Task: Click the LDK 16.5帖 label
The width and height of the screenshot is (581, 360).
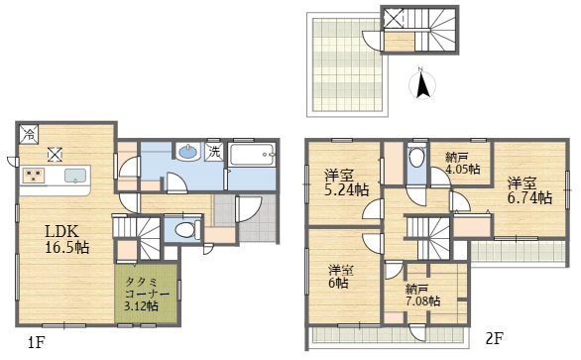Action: tap(67, 239)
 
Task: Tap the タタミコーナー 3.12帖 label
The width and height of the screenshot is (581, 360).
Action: tap(147, 294)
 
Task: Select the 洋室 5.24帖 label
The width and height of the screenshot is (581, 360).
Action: tap(346, 182)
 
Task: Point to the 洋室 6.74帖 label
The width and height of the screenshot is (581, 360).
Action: tap(529, 190)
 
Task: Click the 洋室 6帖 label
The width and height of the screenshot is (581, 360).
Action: tap(340, 277)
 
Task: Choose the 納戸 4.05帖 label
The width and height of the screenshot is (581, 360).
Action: tap(462, 164)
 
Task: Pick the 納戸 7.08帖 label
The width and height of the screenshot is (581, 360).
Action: tap(422, 295)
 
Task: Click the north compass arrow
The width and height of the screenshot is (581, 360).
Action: tap(422, 85)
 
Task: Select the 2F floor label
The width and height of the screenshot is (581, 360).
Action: tap(495, 338)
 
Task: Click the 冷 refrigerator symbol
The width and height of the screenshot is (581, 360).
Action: tap(29, 134)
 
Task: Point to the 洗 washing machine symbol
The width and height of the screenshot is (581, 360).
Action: tap(215, 152)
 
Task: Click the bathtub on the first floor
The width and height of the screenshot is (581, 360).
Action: tap(252, 155)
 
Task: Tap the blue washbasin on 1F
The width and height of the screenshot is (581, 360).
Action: tap(188, 152)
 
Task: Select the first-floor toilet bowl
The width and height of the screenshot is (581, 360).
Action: tap(185, 230)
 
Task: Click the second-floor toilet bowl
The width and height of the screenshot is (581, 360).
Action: tap(416, 159)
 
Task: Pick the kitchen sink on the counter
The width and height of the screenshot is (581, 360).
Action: tap(77, 176)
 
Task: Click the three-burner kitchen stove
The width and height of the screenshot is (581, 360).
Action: tap(34, 175)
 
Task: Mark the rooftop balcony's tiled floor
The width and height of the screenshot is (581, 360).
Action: tap(346, 64)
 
